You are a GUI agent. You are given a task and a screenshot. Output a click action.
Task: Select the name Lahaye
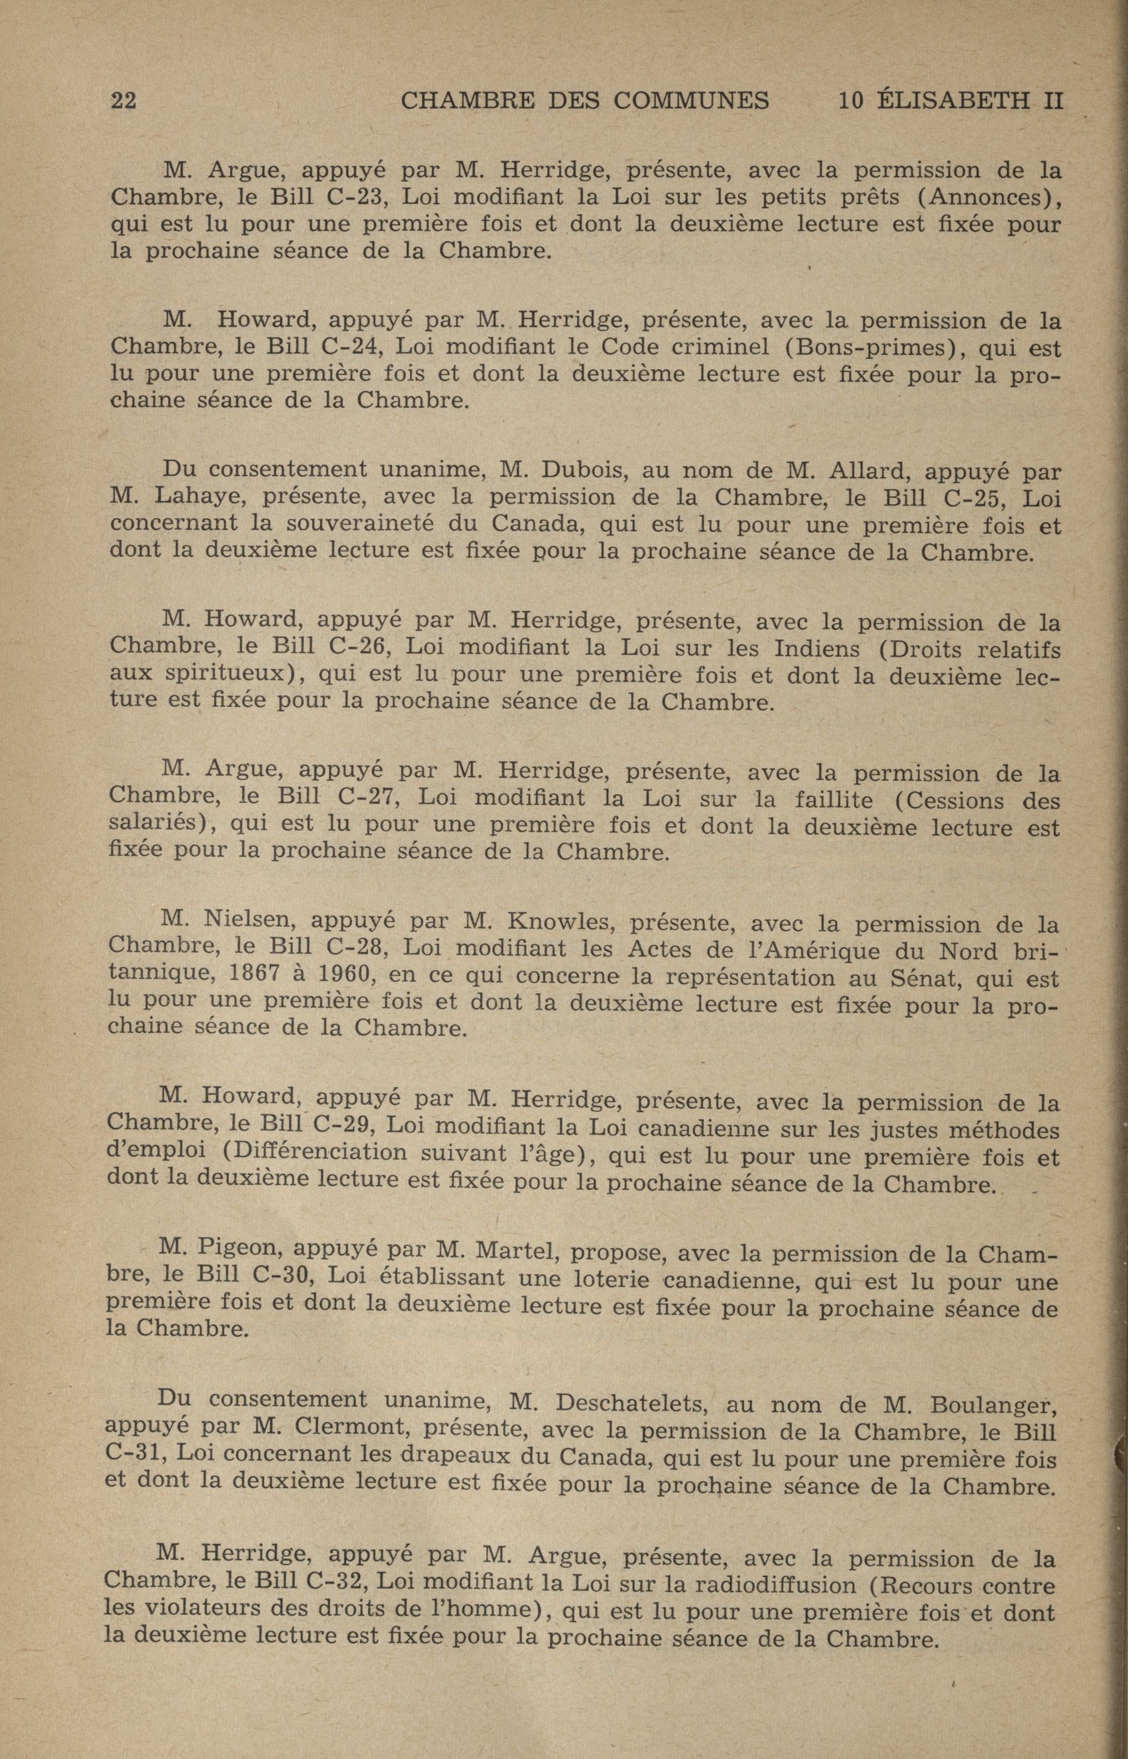click(x=197, y=497)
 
